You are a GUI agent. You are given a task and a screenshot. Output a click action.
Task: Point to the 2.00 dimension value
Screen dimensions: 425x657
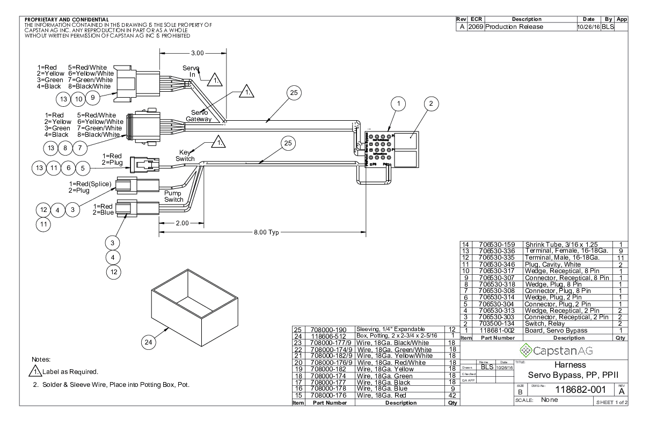[x=182, y=223]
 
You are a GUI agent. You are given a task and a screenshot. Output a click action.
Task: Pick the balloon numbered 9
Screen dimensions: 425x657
[x=92, y=98]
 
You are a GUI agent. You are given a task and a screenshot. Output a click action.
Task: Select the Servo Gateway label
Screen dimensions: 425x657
[x=198, y=115]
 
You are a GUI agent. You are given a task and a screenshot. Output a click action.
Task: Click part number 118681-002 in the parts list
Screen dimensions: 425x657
[x=493, y=330]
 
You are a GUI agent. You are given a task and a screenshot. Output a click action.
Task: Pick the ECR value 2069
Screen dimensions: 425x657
[x=476, y=27]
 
